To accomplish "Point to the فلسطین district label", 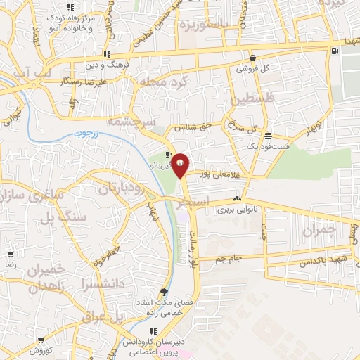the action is [255, 94].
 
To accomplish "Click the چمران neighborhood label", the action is [321, 229].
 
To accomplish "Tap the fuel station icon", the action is [334, 49].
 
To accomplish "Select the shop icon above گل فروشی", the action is [253, 59].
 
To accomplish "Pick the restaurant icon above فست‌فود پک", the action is [268, 134].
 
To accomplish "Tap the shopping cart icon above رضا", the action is [11, 255].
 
